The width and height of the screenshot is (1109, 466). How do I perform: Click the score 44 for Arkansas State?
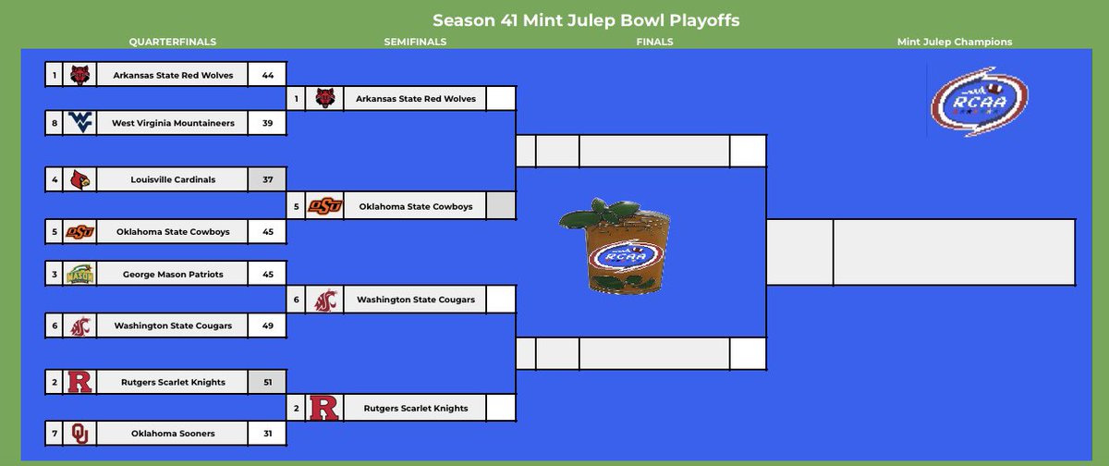(x=267, y=75)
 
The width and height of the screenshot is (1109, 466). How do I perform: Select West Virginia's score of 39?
(x=267, y=123)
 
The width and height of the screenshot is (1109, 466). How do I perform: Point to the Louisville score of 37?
(x=267, y=179)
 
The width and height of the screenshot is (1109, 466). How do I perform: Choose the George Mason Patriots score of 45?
(x=267, y=275)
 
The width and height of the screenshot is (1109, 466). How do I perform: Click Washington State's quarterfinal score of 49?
(x=267, y=325)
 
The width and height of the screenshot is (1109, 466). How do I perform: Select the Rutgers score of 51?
(x=267, y=382)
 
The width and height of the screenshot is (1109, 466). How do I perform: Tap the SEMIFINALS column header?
(x=415, y=42)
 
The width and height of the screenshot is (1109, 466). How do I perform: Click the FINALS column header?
(x=654, y=42)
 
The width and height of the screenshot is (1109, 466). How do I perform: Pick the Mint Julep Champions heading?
(x=955, y=42)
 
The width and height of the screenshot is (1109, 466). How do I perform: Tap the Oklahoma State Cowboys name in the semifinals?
(x=415, y=206)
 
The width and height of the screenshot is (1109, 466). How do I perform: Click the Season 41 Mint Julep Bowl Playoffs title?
(x=586, y=19)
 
